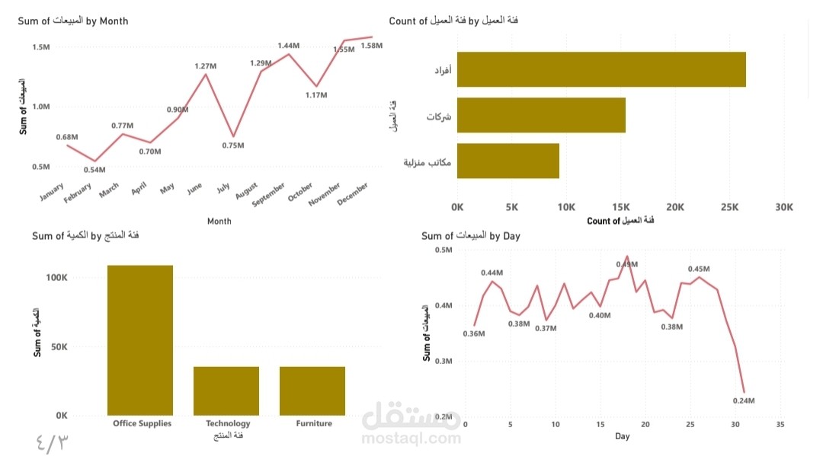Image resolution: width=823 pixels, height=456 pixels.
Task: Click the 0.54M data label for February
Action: pyautogui.click(x=94, y=169)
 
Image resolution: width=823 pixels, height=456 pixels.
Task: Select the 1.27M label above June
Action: pyautogui.click(x=206, y=66)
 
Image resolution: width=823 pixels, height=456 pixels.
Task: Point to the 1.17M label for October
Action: pyautogui.click(x=315, y=95)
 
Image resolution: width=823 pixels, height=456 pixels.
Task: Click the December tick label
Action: pyautogui.click(x=353, y=194)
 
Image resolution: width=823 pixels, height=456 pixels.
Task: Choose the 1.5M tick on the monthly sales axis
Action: pyautogui.click(x=40, y=47)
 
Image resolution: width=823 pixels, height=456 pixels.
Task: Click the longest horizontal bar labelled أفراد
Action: pyautogui.click(x=601, y=69)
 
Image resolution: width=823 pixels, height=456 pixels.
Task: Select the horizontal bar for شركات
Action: pyautogui.click(x=541, y=115)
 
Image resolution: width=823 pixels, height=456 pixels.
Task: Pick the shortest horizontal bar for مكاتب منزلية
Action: pyautogui.click(x=508, y=161)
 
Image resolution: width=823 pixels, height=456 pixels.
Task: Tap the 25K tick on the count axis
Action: pyautogui.click(x=729, y=207)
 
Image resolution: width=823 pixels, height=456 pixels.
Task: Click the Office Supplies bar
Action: pyautogui.click(x=140, y=340)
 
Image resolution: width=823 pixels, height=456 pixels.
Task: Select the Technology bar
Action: pyautogui.click(x=226, y=391)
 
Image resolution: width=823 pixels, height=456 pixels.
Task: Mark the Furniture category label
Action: pyautogui.click(x=314, y=423)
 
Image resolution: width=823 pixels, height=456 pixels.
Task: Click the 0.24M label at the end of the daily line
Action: pyautogui.click(x=743, y=400)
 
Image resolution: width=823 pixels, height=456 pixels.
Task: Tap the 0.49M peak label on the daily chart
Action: pyautogui.click(x=626, y=264)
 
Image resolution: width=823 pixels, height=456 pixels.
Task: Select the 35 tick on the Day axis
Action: pyautogui.click(x=780, y=424)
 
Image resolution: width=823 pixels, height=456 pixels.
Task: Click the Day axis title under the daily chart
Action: pyautogui.click(x=623, y=436)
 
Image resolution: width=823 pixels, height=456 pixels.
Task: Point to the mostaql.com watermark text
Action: pyautogui.click(x=411, y=438)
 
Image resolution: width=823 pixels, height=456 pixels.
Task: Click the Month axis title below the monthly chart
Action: pyautogui.click(x=219, y=222)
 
